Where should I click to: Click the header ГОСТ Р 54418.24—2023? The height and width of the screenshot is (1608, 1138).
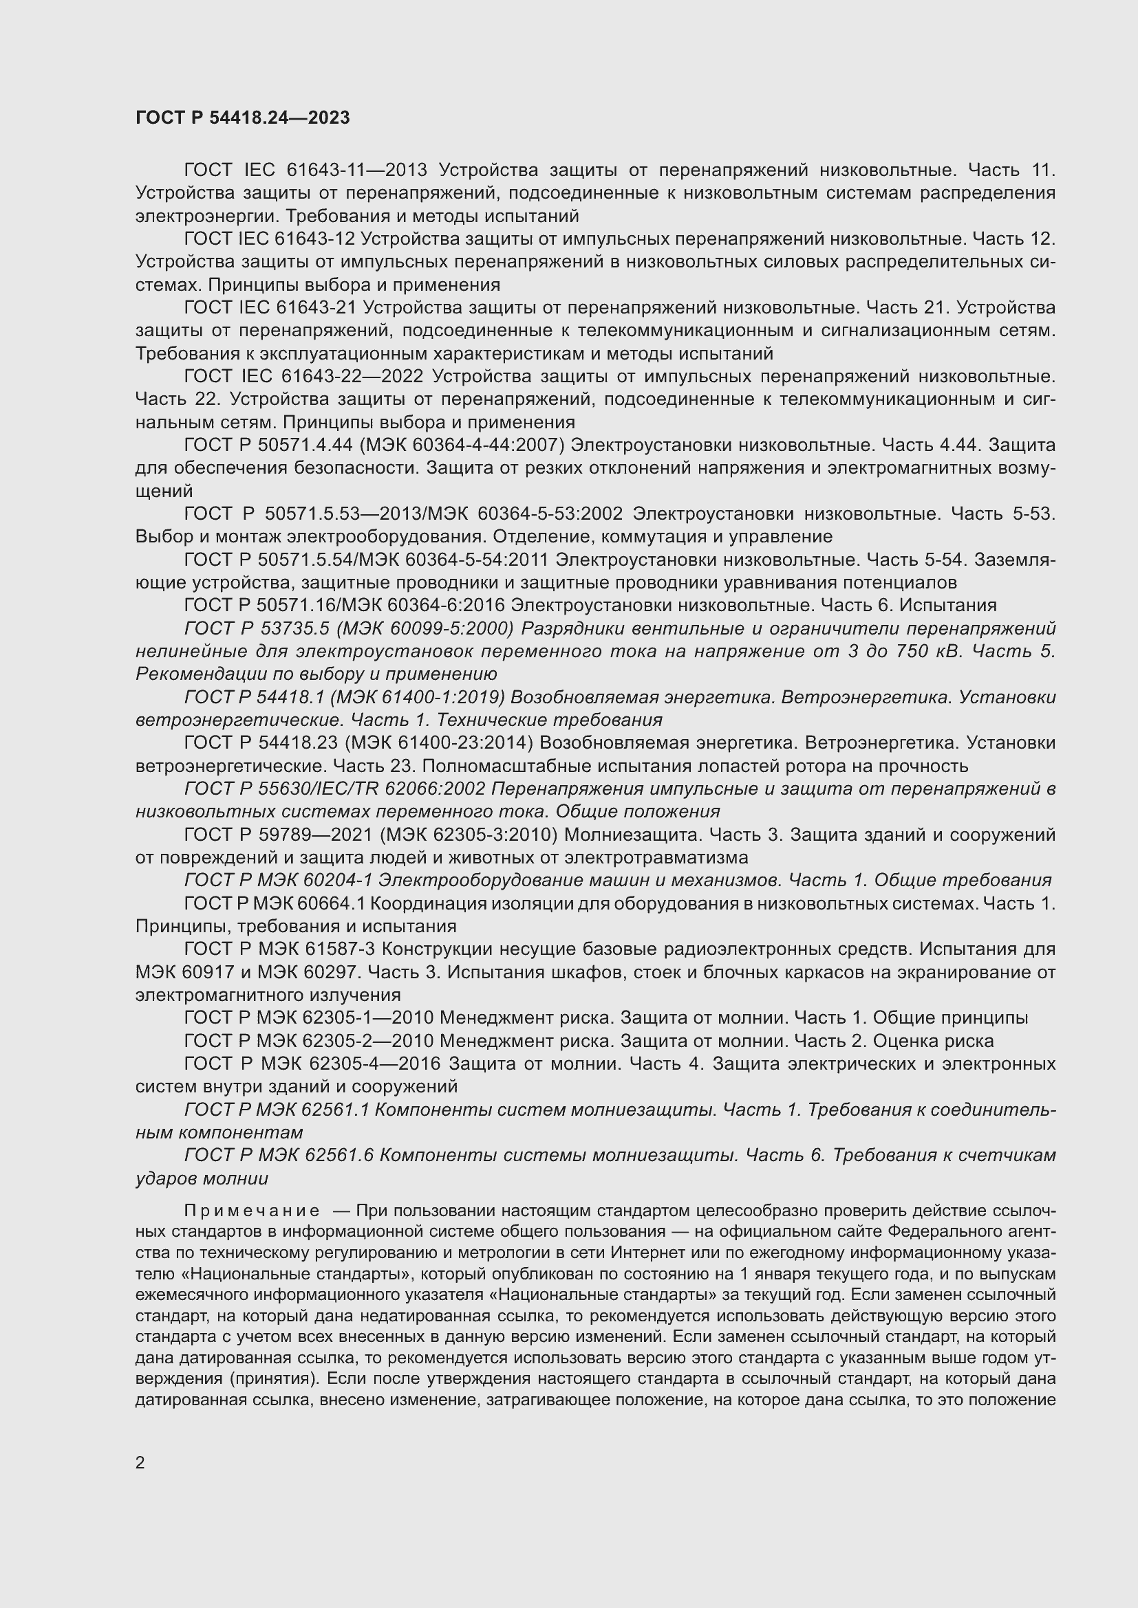point(242,118)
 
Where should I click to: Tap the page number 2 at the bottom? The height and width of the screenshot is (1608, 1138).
point(140,1462)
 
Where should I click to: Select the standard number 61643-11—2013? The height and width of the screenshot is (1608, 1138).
point(356,170)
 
